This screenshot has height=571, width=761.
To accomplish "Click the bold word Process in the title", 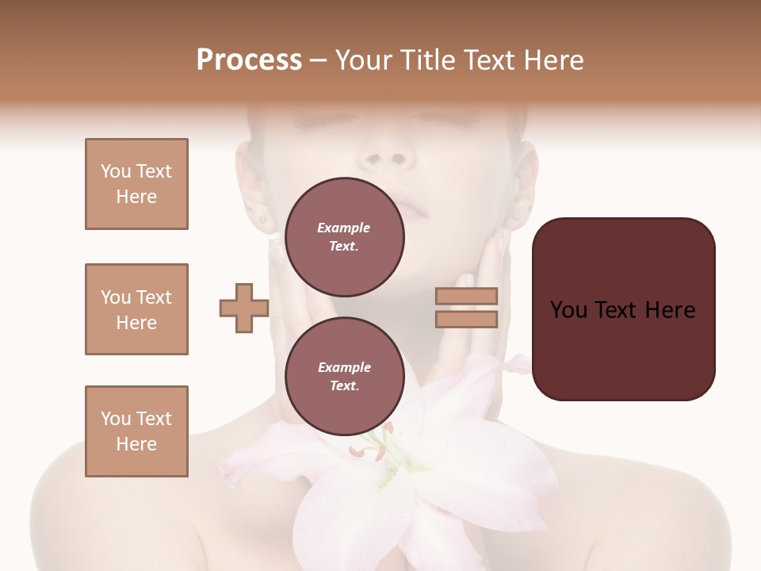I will click(249, 60).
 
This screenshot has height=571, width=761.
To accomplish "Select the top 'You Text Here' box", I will click(136, 184).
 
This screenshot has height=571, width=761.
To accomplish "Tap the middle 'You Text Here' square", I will click(136, 309).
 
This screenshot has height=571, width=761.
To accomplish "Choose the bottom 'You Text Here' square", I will click(136, 431).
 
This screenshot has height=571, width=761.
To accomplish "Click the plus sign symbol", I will click(243, 308).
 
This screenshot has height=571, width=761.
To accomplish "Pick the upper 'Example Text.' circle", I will click(344, 236).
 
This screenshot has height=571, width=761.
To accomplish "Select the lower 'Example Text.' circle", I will click(344, 376).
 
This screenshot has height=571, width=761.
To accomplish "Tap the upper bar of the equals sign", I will click(467, 296).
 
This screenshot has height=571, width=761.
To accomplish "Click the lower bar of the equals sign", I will click(467, 319).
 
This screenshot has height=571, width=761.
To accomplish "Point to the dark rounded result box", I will click(623, 309).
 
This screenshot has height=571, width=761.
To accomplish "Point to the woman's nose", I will click(386, 155).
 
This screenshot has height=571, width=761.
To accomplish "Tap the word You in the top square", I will click(115, 171).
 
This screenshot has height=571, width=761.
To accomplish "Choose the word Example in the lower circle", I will click(344, 367).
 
